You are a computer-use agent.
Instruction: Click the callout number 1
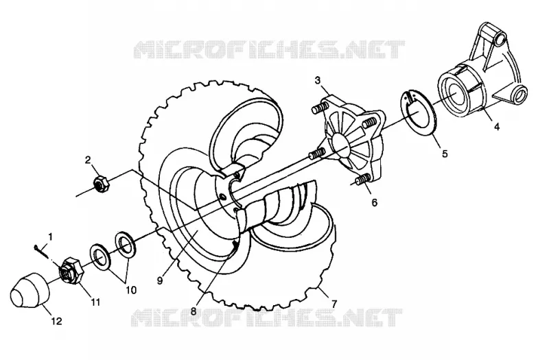[x=50, y=237]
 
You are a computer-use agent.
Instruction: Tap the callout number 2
[x=88, y=160]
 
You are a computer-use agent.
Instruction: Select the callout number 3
[x=318, y=80]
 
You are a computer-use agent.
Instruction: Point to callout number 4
[x=497, y=127]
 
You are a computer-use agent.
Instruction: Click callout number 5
[x=445, y=154]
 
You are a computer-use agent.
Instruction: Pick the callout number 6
[x=375, y=202]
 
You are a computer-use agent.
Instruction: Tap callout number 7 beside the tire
[x=334, y=304]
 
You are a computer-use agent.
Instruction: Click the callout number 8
[x=194, y=311]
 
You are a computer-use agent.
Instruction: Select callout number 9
[x=160, y=281]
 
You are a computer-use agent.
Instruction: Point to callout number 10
[x=131, y=290]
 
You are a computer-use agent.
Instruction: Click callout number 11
[x=95, y=302]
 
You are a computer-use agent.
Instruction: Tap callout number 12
[x=56, y=321]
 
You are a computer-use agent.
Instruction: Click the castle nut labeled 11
[x=71, y=269]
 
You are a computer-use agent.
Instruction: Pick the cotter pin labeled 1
[x=42, y=251]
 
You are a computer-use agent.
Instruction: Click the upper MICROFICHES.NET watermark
[x=269, y=49]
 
